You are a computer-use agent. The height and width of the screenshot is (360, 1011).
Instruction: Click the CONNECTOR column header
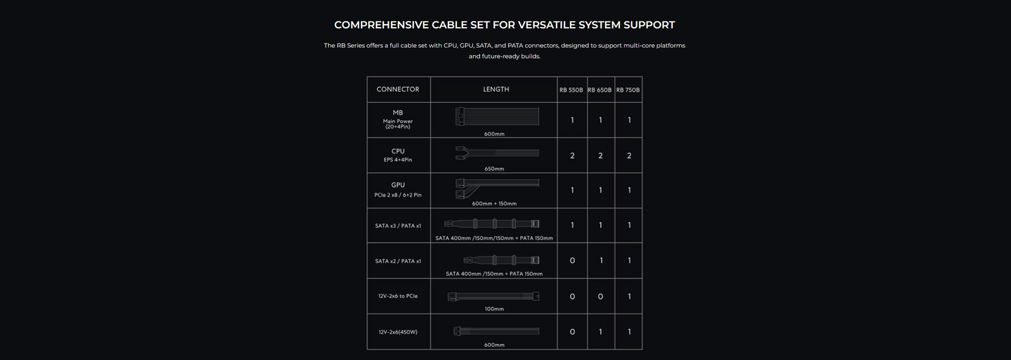(x=398, y=90)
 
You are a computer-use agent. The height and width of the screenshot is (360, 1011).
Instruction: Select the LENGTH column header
(x=496, y=90)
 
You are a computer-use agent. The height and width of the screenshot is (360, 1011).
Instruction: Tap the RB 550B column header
(x=571, y=90)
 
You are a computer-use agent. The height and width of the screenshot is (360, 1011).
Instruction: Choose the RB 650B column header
(x=600, y=90)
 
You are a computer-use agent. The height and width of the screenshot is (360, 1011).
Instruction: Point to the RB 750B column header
(x=628, y=90)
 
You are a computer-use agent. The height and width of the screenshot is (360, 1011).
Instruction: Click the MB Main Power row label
(x=398, y=119)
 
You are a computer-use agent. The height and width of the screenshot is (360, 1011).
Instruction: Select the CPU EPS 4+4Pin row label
(x=398, y=155)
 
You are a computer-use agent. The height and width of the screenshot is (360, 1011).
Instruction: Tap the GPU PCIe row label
(x=398, y=189)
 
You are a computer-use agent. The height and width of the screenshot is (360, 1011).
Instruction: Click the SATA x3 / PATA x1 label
(x=398, y=225)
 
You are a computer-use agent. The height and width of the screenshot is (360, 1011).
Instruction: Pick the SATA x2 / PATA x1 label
(x=398, y=261)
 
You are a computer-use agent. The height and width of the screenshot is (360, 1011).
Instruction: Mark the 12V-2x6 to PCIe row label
(x=398, y=296)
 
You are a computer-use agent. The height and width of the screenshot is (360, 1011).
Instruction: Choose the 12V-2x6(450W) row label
(x=398, y=332)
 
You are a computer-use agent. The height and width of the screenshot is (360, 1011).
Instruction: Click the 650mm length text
(x=494, y=169)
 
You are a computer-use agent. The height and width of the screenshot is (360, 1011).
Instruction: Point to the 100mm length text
(x=494, y=309)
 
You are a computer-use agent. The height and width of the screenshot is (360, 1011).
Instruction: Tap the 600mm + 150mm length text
(x=494, y=204)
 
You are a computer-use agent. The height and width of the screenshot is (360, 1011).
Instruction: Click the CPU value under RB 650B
(x=600, y=156)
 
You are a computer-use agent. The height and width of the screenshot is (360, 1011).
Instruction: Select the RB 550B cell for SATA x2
(x=572, y=261)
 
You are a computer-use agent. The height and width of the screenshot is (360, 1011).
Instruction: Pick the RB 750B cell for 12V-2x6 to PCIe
(x=629, y=297)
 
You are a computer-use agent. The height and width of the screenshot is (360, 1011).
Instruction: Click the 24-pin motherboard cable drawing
(x=497, y=117)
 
